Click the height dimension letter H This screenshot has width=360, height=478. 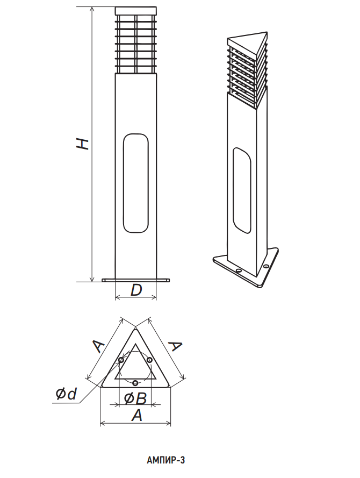point(82,144)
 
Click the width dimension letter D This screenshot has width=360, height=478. point(136,290)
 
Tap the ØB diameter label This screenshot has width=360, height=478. point(135,398)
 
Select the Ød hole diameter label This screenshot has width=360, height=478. point(66,394)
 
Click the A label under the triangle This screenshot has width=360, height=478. point(137,415)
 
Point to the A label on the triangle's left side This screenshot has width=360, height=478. point(98,346)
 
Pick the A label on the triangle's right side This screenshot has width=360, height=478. point(175,346)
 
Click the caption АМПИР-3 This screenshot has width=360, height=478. point(166,460)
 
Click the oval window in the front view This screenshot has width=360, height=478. point(136,183)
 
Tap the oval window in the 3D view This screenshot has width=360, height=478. point(242,190)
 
